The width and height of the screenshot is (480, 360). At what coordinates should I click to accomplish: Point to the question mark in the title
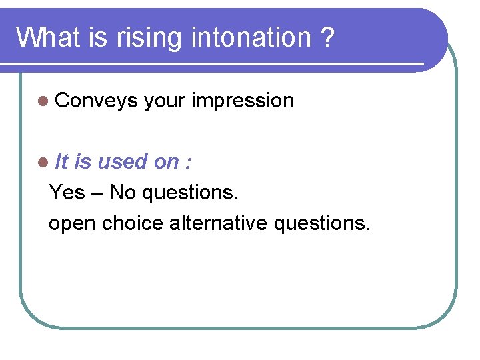click(326, 37)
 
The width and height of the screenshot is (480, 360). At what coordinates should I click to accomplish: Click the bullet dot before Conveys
click(43, 101)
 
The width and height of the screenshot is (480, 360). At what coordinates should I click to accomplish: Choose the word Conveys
click(97, 101)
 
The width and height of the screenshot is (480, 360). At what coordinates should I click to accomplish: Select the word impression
click(243, 101)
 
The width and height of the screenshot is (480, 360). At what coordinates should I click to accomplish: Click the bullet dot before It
click(43, 162)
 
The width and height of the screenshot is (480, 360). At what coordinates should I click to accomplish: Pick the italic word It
click(62, 161)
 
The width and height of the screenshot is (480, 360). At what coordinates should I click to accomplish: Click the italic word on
click(166, 161)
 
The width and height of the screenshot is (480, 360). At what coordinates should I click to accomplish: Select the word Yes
click(67, 193)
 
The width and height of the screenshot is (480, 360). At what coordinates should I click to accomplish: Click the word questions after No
click(191, 193)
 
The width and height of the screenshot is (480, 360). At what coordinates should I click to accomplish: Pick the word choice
click(133, 223)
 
